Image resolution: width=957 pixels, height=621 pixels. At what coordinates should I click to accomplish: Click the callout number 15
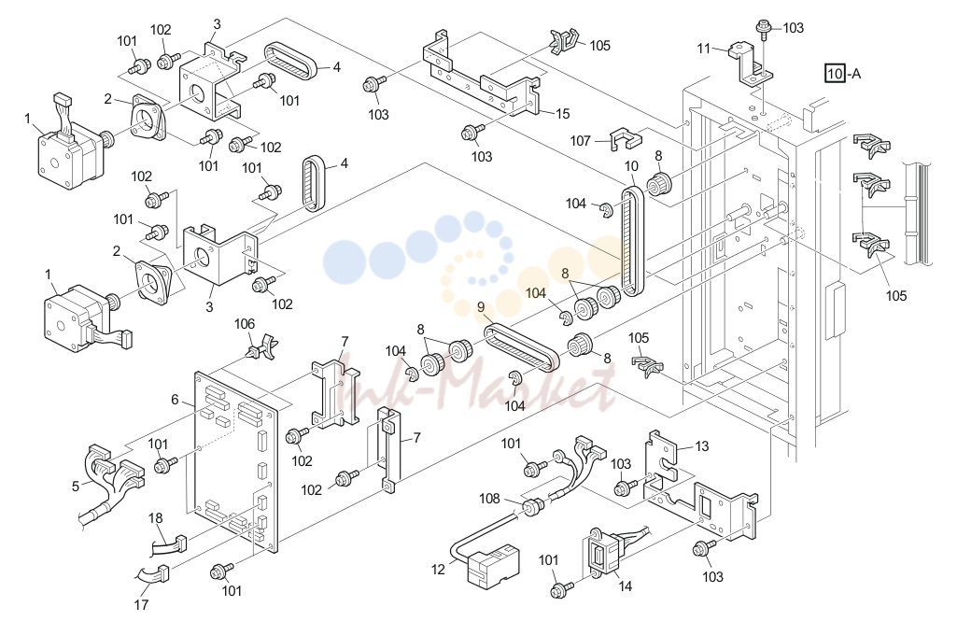(x=562, y=114)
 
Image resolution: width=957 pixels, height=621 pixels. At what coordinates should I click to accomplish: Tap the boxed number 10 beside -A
(x=835, y=74)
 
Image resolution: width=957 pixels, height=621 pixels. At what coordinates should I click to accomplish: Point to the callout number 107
(x=580, y=141)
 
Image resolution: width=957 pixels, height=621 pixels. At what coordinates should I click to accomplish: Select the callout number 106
(x=244, y=324)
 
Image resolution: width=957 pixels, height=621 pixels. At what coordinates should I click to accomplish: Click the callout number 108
(x=489, y=499)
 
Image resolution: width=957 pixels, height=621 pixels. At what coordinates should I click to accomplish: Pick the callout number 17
(x=141, y=604)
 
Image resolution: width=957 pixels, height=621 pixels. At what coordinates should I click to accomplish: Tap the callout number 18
(x=156, y=517)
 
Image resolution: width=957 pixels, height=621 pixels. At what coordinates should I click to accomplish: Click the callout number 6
(x=175, y=400)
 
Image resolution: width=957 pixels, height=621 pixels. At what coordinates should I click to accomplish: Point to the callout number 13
(x=702, y=445)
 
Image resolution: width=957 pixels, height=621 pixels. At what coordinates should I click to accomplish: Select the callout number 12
(x=438, y=569)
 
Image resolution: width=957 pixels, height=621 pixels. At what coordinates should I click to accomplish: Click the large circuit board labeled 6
(x=236, y=461)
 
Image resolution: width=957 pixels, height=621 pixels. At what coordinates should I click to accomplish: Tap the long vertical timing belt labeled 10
(x=632, y=242)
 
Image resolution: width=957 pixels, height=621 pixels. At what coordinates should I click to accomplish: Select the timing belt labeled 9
(x=521, y=348)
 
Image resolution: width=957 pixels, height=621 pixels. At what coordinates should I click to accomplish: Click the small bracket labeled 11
(x=750, y=63)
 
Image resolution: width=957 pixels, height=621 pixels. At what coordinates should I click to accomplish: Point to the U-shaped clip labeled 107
(x=626, y=138)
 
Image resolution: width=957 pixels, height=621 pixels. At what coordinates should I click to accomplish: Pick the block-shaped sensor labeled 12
(x=492, y=565)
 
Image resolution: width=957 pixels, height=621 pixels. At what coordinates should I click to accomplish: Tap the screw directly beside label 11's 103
(x=763, y=27)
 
